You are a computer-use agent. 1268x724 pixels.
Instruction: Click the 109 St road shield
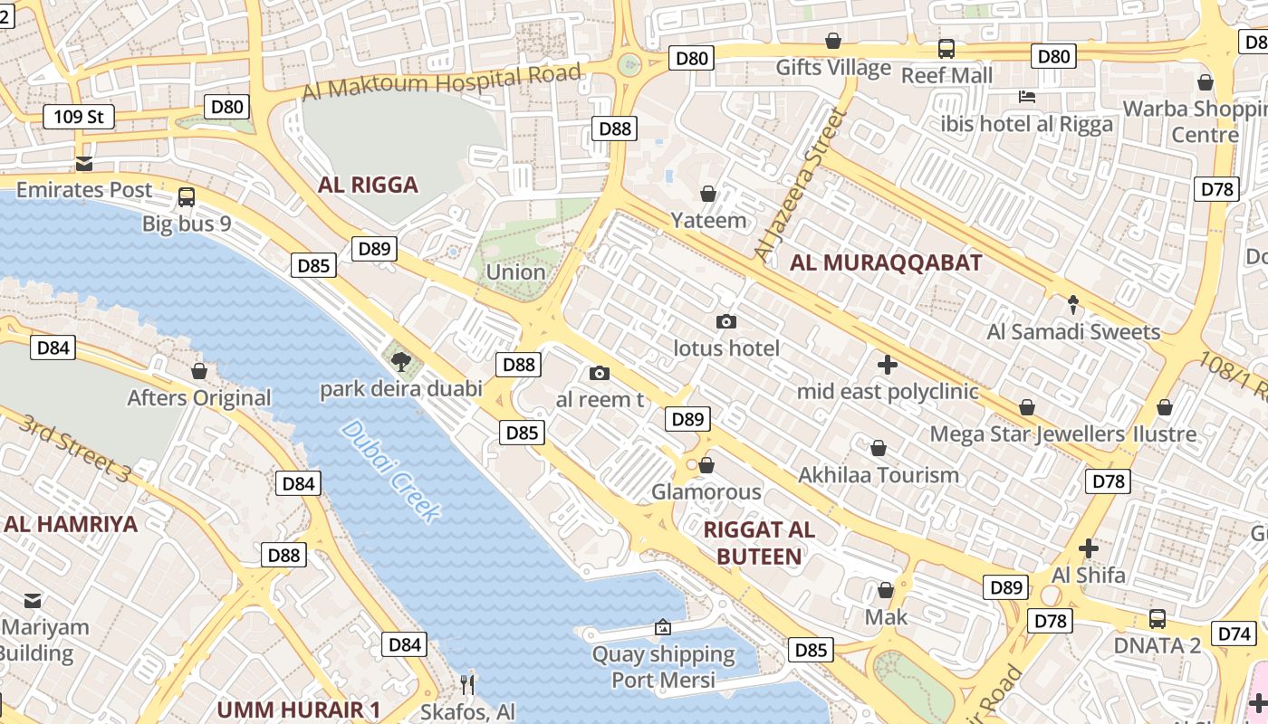click(79, 116)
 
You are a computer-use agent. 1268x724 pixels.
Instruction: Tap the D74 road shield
click(1234, 633)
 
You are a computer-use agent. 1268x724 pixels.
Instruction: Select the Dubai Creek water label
click(391, 472)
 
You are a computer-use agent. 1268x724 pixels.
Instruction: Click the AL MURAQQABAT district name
click(886, 263)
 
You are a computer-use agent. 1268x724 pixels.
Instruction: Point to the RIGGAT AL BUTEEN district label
click(759, 543)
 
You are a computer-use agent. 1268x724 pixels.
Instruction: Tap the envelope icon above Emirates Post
click(84, 164)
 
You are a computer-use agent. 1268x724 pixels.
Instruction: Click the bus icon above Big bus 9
click(187, 196)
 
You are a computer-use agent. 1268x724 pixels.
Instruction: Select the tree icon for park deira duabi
click(400, 362)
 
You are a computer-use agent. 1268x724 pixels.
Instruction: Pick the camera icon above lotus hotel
click(725, 321)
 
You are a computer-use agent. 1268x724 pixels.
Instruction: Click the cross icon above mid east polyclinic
click(888, 365)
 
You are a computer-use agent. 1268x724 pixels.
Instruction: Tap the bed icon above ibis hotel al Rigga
click(1026, 97)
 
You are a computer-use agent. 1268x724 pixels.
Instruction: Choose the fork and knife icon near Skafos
click(467, 684)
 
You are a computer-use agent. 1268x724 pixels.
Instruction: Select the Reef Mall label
click(946, 75)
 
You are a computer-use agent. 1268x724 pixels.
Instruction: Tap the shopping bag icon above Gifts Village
click(833, 41)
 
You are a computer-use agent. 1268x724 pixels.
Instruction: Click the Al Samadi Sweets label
click(1073, 332)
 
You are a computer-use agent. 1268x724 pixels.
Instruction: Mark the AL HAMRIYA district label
click(70, 525)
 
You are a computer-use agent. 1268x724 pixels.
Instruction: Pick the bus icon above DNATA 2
click(1158, 619)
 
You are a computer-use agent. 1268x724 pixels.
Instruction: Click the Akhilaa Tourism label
click(878, 475)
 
